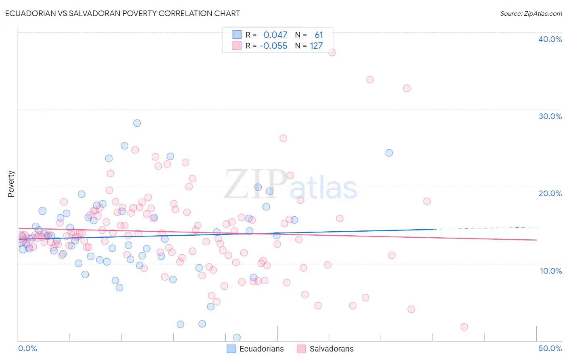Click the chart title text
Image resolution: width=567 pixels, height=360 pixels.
coord(123,13)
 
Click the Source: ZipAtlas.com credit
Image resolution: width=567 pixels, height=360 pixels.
coord(531,13)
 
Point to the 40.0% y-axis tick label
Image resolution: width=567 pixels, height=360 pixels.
coord(550,39)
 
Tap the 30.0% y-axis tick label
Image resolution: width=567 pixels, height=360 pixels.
coord(550,116)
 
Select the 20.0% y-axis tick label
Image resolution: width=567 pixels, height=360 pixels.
coord(550,193)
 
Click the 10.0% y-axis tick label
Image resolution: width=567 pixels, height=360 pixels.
coord(550,271)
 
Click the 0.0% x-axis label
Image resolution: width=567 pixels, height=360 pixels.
coord(27,348)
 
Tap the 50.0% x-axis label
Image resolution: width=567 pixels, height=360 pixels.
coord(550,348)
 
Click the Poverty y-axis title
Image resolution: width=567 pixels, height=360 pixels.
coord(11,184)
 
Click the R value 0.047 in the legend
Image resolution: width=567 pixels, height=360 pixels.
coord(275,35)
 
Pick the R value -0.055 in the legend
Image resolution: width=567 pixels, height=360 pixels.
coord(273,46)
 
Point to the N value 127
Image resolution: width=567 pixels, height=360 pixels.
coord(316,46)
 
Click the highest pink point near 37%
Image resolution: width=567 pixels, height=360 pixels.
coord(332,52)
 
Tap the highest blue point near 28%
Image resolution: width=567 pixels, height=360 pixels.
coord(137,123)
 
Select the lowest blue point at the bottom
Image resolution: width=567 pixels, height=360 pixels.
coord(237,337)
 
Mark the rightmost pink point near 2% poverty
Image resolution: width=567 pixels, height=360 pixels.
coord(464,327)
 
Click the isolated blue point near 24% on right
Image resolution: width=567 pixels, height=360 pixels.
coord(389,153)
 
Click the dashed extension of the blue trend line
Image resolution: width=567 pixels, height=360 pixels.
coord(484,228)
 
